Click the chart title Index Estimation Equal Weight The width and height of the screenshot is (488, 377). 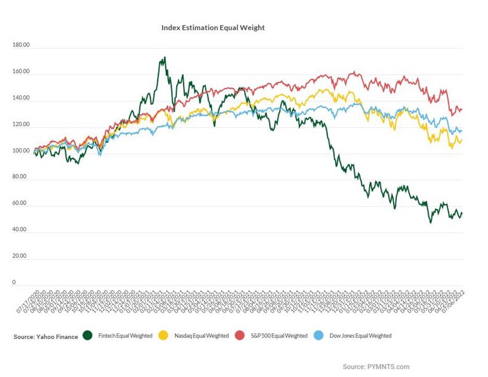pos(213,28)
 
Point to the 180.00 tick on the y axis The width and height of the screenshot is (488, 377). pos(21,45)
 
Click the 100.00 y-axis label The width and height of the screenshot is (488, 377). pos(21,151)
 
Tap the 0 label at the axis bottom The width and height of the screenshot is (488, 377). pos(14,283)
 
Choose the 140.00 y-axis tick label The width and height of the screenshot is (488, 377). pos(21,98)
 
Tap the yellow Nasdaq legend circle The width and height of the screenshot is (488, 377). pos(164,336)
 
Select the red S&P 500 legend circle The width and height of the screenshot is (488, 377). pos(240,336)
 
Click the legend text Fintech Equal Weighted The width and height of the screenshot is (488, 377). pos(125,336)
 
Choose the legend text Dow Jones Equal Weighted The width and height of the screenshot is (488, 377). pos(360,336)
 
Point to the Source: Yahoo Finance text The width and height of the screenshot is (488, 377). pos(45,337)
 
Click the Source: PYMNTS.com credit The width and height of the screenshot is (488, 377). pos(376,367)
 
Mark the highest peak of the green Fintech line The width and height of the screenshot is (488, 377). pos(164,58)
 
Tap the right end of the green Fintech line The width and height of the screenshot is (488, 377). pos(462,213)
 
